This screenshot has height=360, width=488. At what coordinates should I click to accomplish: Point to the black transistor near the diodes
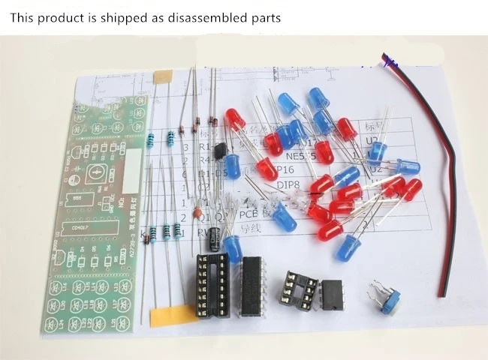point(219,149)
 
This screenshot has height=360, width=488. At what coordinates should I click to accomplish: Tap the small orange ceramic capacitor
point(197,214)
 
